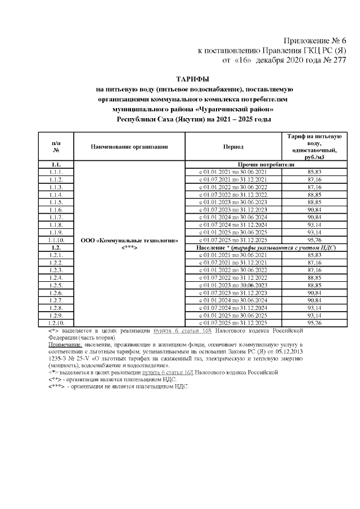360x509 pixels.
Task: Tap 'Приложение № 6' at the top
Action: click(x=314, y=40)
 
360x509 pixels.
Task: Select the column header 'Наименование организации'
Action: click(x=129, y=147)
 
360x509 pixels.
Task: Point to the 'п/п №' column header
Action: click(x=56, y=147)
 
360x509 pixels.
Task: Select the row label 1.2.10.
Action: click(x=56, y=323)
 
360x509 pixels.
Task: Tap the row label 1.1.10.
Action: click(x=56, y=240)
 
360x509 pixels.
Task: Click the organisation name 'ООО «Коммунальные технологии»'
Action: click(x=129, y=240)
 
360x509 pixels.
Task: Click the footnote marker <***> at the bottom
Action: click(x=56, y=387)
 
